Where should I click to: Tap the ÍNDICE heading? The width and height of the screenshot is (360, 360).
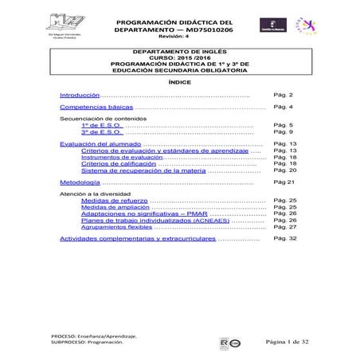(x=179, y=82)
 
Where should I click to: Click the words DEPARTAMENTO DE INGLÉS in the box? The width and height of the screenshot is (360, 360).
(x=179, y=49)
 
